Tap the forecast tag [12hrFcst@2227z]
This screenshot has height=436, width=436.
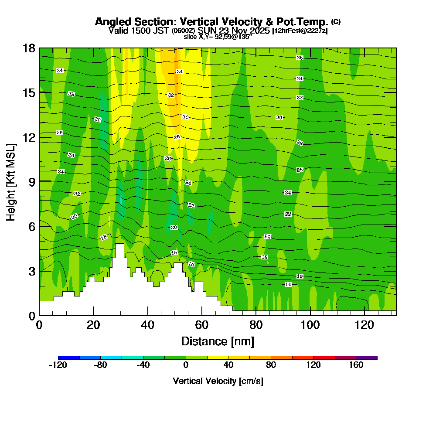[300, 31]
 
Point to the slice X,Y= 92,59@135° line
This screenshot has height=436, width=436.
[218, 37]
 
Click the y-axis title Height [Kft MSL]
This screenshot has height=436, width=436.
[11, 181]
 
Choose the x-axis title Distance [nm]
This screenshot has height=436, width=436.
[218, 341]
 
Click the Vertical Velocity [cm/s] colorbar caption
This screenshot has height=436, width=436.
[218, 381]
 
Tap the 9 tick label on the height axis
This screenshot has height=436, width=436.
[32, 182]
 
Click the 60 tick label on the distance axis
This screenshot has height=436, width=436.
[202, 325]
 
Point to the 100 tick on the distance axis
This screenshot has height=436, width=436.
[310, 325]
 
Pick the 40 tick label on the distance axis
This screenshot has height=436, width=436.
[148, 325]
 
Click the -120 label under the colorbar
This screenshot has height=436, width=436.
[58, 365]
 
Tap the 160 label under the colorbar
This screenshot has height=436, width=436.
[356, 365]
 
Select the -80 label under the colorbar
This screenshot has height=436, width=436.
[101, 365]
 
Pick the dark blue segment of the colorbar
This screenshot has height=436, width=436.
[69, 358]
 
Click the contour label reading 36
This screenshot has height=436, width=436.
[300, 58]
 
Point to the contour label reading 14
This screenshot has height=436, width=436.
[288, 284]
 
